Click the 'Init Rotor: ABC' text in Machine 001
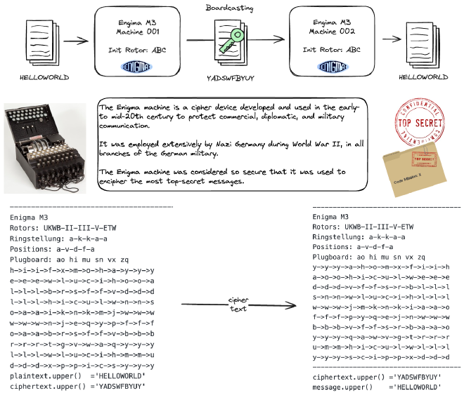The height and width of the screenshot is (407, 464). pyautogui.click(x=138, y=50)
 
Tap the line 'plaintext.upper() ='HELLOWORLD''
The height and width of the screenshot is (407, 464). pyautogui.click(x=77, y=376)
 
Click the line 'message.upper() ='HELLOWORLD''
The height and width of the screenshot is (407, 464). pyautogui.click(x=377, y=387)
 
